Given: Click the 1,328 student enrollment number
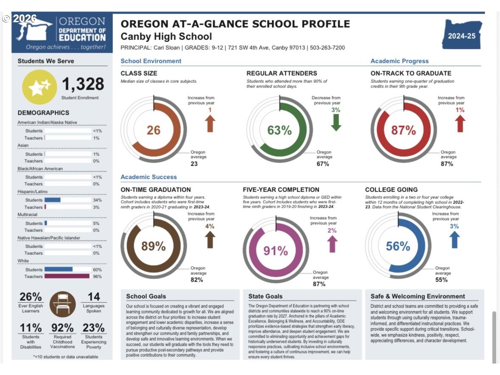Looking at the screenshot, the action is [83, 84].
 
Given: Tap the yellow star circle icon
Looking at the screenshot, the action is [39, 87].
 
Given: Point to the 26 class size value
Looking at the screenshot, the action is [153, 130].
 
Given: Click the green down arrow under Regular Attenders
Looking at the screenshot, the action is [336, 122].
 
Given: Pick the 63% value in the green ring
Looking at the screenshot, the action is [279, 130].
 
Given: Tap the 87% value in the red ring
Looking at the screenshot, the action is [403, 130].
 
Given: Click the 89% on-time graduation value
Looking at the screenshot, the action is [153, 246].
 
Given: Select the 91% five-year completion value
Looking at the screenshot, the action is [275, 251].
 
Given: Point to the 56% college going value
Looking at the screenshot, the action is [398, 246].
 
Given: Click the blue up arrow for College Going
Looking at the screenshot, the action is [455, 240].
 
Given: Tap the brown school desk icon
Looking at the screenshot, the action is [62, 304].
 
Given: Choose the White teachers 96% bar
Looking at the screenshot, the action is [67, 276].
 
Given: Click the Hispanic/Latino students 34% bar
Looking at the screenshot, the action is [52, 200].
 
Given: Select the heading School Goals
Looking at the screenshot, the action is [146, 296].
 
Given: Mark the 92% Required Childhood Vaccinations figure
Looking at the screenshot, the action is [62, 328].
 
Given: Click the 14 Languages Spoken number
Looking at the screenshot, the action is [94, 297].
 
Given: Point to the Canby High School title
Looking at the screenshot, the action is [166, 37].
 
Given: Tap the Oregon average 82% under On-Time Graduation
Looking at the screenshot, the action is [197, 280].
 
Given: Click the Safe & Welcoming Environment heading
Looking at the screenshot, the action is [418, 296].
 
